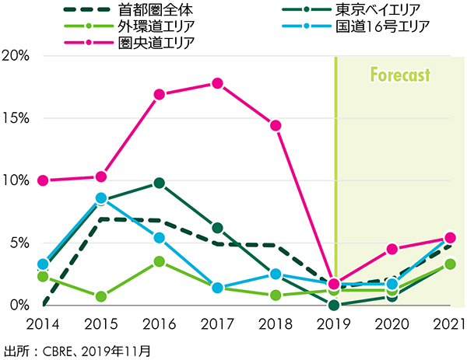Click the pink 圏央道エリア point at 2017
click(x=217, y=83)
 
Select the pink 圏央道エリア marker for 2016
click(x=159, y=95)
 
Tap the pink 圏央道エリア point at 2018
click(x=275, y=125)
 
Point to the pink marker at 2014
click(x=43, y=180)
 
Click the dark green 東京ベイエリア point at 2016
click(x=159, y=183)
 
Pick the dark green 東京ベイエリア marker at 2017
click(x=217, y=228)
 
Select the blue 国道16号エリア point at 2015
click(x=100, y=197)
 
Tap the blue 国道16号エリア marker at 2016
click(x=159, y=237)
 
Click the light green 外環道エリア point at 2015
click(x=100, y=296)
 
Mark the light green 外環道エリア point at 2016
click(x=159, y=261)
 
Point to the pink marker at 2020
click(x=392, y=249)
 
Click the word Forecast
click(x=400, y=78)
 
